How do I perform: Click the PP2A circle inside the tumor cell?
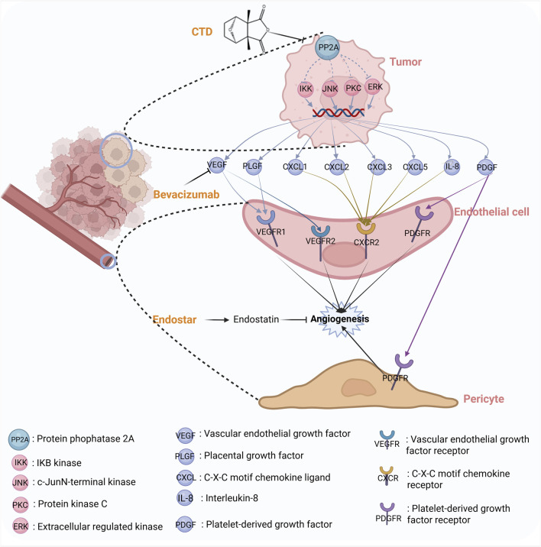coord(327,47)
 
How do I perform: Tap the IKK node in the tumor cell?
coord(306,89)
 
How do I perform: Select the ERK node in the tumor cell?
coord(374,86)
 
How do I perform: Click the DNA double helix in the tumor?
coord(339,112)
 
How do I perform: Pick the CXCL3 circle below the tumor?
coord(378,167)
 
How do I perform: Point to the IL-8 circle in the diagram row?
coord(452,167)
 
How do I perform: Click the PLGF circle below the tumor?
coord(252,166)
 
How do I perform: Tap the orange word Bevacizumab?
coord(186,194)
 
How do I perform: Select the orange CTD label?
coord(202,32)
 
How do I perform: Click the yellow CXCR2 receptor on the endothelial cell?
coord(366,228)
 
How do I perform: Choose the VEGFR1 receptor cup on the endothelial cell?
coord(266,218)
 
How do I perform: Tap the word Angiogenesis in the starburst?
coord(339,319)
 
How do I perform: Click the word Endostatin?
coord(256,319)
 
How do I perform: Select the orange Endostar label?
coord(174,319)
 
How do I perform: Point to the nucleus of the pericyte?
coord(359,387)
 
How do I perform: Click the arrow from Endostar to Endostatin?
coord(217,319)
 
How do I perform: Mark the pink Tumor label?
coord(406,62)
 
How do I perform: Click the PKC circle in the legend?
coord(20,505)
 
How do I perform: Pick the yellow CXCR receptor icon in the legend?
coord(387,471)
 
